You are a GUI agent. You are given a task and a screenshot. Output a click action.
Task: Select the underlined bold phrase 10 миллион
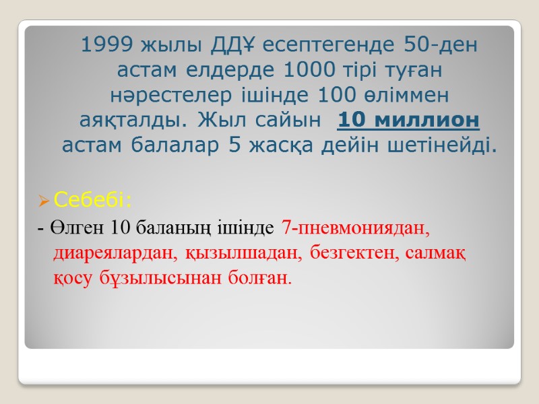click(408, 120)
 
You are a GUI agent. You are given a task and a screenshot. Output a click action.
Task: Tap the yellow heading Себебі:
click(94, 200)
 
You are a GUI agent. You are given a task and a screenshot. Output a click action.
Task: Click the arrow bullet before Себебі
click(44, 201)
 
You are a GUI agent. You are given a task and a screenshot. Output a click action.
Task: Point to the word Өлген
click(70, 228)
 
